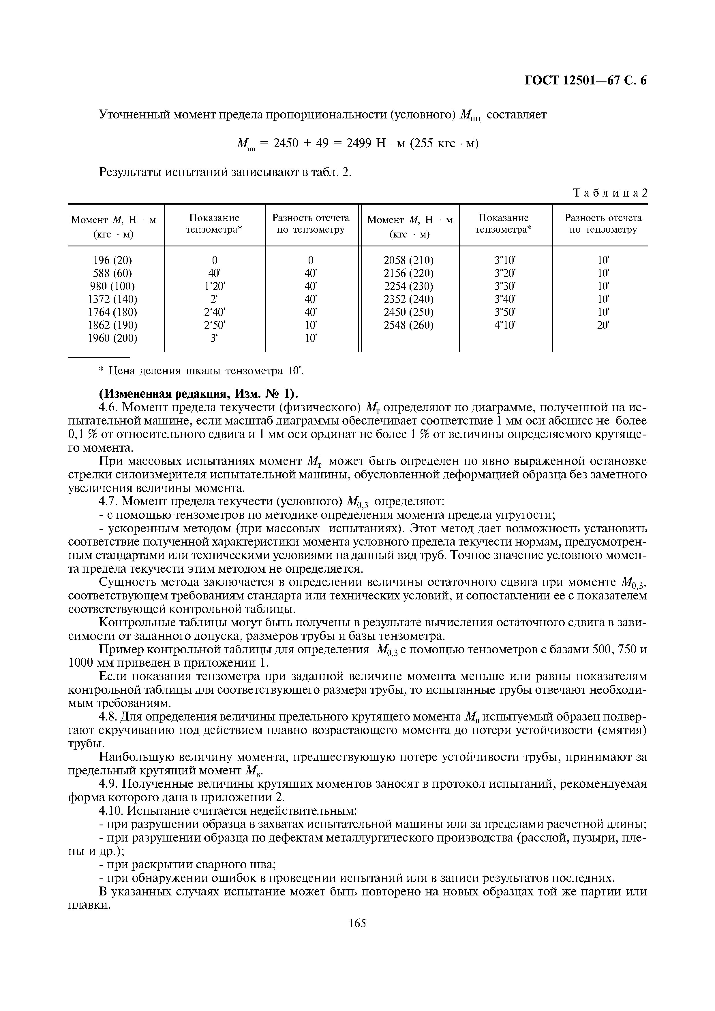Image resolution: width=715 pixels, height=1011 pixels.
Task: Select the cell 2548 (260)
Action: (x=409, y=325)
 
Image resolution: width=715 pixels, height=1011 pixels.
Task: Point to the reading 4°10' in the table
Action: (x=505, y=325)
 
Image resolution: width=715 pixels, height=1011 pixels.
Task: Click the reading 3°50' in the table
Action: (x=505, y=312)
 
